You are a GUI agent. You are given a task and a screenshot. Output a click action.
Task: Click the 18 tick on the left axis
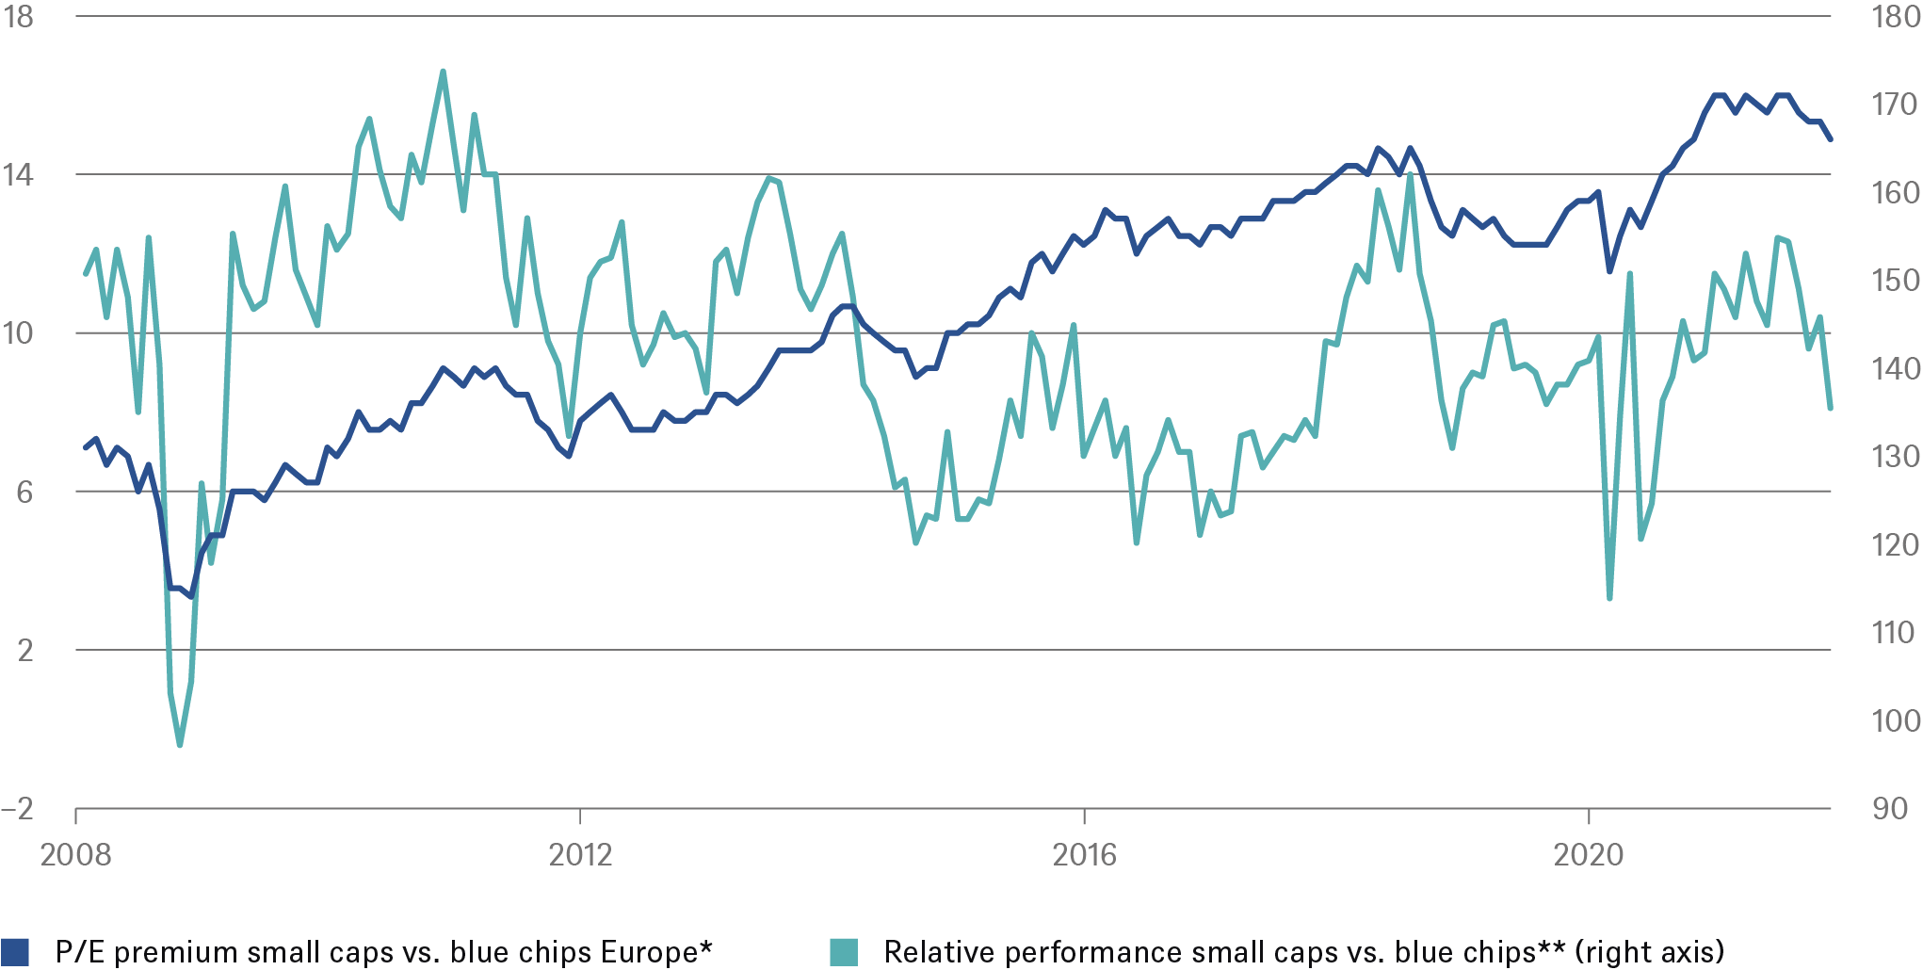click(x=19, y=17)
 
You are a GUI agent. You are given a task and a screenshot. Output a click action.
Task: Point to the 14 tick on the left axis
click(x=19, y=174)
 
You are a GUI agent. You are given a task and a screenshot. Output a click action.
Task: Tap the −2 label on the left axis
click(x=17, y=809)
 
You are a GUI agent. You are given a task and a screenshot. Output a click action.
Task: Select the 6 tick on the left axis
click(x=24, y=492)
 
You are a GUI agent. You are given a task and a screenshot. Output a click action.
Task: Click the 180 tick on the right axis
click(x=1895, y=17)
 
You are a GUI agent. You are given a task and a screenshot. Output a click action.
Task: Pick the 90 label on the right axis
click(x=1889, y=809)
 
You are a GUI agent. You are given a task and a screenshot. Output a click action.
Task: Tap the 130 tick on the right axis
click(x=1895, y=457)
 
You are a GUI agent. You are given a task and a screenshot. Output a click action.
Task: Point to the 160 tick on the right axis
click(x=1895, y=193)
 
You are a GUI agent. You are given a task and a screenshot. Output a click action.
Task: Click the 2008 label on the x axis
click(x=75, y=855)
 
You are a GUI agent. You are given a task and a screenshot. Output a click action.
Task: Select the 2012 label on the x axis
click(x=580, y=855)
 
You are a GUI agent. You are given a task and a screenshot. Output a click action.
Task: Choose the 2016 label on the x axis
click(x=1084, y=855)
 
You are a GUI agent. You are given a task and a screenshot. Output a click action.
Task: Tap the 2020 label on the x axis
click(x=1589, y=855)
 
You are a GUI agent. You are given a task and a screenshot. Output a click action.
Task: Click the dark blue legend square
click(x=16, y=952)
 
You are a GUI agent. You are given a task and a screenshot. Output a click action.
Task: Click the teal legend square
click(x=844, y=952)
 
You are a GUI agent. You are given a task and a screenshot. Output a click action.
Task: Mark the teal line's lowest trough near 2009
click(x=180, y=746)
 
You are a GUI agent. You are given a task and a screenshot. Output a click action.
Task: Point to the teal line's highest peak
click(x=443, y=71)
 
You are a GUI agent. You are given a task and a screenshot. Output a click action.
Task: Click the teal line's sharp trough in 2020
click(x=1609, y=598)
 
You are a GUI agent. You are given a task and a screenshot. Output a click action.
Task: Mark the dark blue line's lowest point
click(x=190, y=596)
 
